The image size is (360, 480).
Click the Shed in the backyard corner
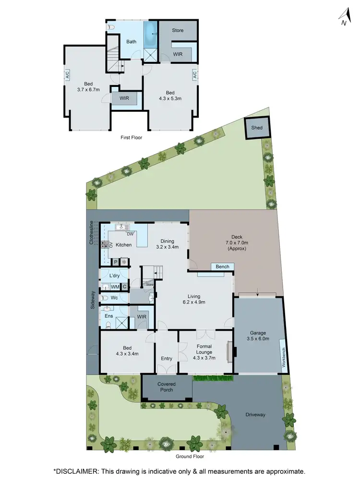[257, 128]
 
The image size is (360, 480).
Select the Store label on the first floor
[178, 30]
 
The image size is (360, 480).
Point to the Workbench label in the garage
[284, 358]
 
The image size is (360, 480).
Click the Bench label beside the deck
[222, 267]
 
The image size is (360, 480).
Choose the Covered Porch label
[167, 387]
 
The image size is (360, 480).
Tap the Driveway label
[255, 414]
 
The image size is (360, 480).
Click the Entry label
[167, 358]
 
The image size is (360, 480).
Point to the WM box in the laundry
[115, 287]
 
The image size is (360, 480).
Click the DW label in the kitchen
[130, 234]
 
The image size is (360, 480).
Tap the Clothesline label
[91, 233]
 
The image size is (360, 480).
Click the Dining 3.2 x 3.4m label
[168, 244]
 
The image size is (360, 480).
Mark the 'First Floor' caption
[131, 137]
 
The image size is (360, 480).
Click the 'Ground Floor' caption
[190, 456]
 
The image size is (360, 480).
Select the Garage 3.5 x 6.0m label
[258, 336]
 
